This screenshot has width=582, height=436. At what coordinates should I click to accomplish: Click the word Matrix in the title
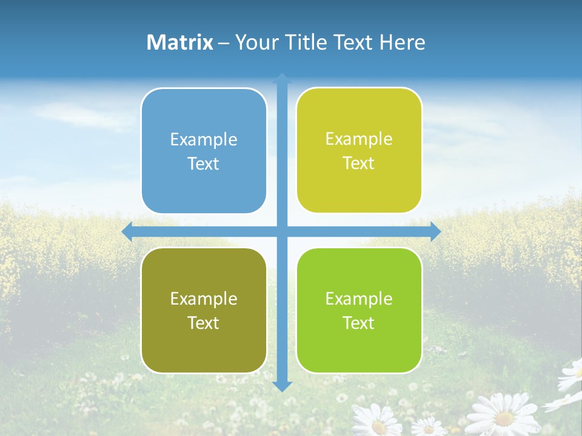tap(180, 42)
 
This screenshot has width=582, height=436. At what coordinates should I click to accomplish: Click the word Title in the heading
tap(306, 42)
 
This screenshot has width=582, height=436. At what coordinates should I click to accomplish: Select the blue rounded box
tap(204, 151)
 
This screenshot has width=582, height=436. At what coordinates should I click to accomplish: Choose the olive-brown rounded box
tap(204, 310)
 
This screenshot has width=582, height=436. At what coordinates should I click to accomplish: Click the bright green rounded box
tap(359, 310)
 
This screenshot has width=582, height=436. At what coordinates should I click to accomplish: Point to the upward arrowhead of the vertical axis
tap(282, 78)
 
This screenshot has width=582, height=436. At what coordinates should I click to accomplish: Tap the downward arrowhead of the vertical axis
tap(282, 386)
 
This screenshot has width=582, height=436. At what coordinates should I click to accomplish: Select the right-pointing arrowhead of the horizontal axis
tap(436, 231)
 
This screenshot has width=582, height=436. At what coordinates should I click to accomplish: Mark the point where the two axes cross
tap(282, 231)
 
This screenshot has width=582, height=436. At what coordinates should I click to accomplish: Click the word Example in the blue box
tap(204, 140)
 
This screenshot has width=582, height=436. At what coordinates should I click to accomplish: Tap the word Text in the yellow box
tap(359, 163)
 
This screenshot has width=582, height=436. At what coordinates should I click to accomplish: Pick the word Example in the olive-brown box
tap(204, 299)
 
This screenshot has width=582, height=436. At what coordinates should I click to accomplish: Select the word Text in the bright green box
tap(359, 323)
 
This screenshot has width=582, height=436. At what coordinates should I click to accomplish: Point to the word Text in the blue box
tap(204, 163)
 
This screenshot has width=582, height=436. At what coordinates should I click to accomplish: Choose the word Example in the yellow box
tap(359, 139)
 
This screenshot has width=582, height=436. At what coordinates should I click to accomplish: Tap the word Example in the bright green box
tap(359, 299)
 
